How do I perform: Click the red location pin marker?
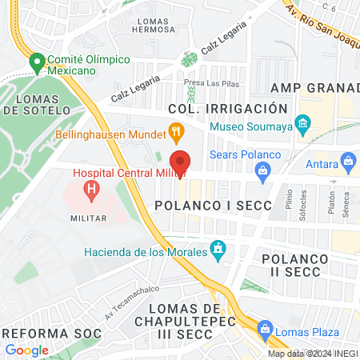181,162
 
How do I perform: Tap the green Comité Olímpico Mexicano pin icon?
37,62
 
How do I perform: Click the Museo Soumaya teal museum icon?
302,125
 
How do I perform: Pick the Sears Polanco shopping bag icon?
262,170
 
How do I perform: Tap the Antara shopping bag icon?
348,162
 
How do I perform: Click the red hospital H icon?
92,190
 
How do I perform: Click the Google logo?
27,350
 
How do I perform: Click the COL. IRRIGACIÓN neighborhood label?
227,108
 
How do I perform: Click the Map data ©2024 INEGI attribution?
312,354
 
